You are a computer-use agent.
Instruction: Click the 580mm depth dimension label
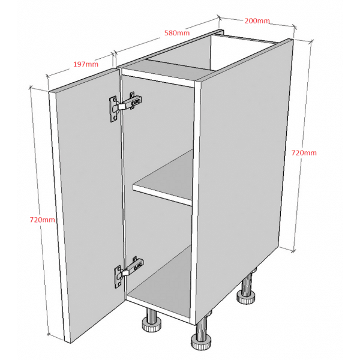pyautogui.click(x=177, y=33)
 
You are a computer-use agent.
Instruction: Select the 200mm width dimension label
pyautogui.click(x=257, y=21)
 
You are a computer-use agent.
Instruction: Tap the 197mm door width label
pyautogui.click(x=86, y=64)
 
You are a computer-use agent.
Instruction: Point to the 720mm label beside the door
pyautogui.click(x=42, y=220)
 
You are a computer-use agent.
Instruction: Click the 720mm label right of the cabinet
pyautogui.click(x=304, y=152)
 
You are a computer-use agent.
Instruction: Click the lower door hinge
pyautogui.click(x=129, y=272)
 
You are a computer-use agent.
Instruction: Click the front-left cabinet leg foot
pyautogui.click(x=151, y=325)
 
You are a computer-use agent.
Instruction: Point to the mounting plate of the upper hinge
pyautogui.click(x=113, y=109)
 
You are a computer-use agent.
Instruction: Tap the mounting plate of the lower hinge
pyautogui.click(x=118, y=277)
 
